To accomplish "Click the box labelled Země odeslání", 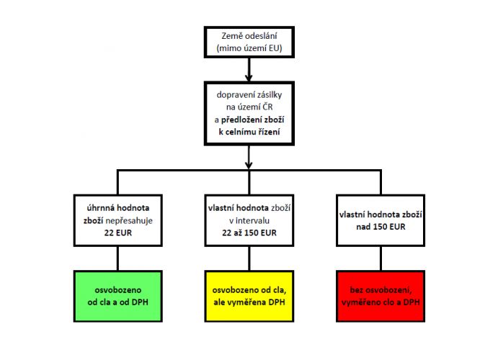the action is coord(249,42).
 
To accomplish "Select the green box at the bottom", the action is coord(118,296).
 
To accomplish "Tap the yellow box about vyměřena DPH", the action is coord(249,296).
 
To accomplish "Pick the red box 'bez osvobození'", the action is coord(381,296).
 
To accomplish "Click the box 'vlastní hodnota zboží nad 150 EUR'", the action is coord(381,220).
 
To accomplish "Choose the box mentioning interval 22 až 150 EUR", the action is coord(249,220).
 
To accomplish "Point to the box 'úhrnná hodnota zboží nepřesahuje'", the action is coord(118,220).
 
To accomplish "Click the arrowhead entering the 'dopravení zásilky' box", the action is coord(249,78).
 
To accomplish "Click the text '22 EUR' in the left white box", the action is coord(118,233).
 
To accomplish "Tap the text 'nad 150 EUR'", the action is coord(381,227).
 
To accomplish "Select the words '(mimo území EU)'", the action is coord(249,48).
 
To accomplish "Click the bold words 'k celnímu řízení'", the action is coord(249,132).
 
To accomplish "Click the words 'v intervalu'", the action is coord(249,220).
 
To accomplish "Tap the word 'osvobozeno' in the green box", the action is coord(118,290).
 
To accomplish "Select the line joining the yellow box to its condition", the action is coord(249,258).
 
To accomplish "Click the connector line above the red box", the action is coord(381,258).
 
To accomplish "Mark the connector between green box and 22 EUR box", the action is coord(118,258).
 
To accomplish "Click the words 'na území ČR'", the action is coord(249,107).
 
